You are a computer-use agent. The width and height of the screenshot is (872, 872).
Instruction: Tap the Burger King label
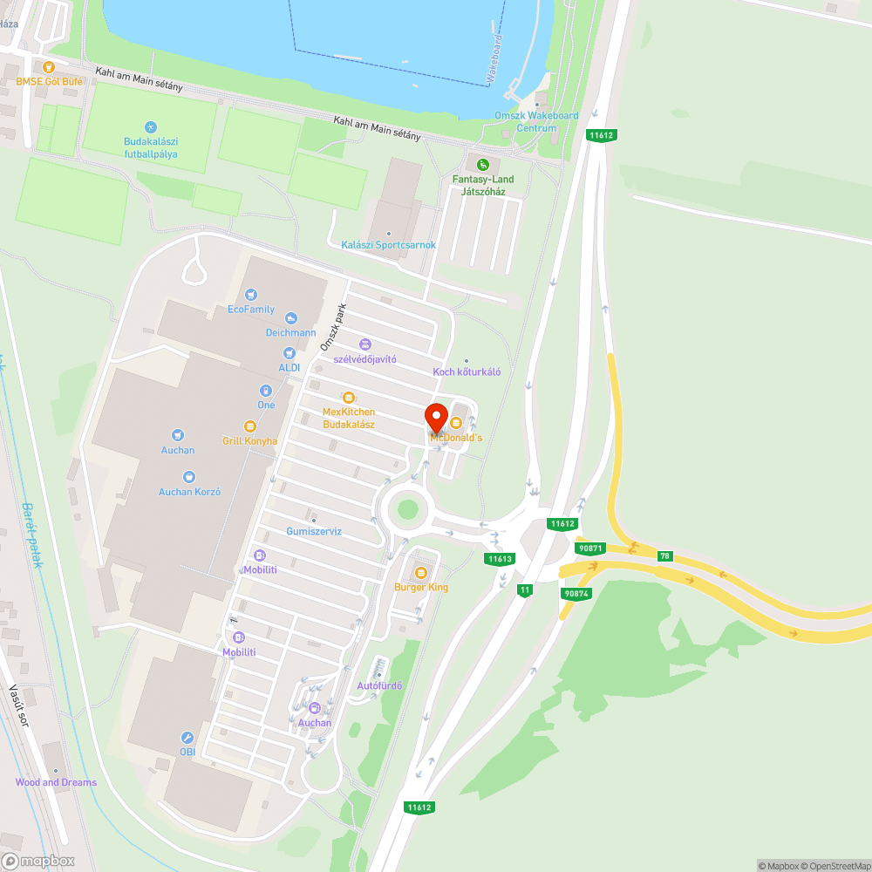421,587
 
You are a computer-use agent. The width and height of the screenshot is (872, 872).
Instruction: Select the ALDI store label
290,367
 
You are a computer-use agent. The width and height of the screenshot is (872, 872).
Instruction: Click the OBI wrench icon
187,737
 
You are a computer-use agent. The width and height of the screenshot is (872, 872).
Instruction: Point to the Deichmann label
291,332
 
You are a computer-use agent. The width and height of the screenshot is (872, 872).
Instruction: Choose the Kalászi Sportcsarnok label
389,245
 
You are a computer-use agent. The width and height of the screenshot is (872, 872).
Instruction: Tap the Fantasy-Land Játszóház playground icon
483,164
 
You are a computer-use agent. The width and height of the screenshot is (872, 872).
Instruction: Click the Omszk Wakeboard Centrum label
536,122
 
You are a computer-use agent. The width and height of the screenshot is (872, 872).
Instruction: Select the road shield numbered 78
665,556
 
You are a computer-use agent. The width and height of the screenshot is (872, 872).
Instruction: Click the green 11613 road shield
500,559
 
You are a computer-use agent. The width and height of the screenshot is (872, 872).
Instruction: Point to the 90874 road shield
576,593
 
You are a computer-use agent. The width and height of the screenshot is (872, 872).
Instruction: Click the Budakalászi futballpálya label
150,147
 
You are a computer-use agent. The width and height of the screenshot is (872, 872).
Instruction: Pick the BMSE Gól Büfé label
49,81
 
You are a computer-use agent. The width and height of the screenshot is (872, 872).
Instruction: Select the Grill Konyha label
249,440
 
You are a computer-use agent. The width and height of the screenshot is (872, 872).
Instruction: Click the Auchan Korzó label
189,491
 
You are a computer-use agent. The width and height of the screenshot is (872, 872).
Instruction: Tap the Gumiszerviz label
314,531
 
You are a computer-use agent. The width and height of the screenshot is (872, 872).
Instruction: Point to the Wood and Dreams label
56,782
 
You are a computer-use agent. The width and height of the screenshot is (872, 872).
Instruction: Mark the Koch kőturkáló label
467,371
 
